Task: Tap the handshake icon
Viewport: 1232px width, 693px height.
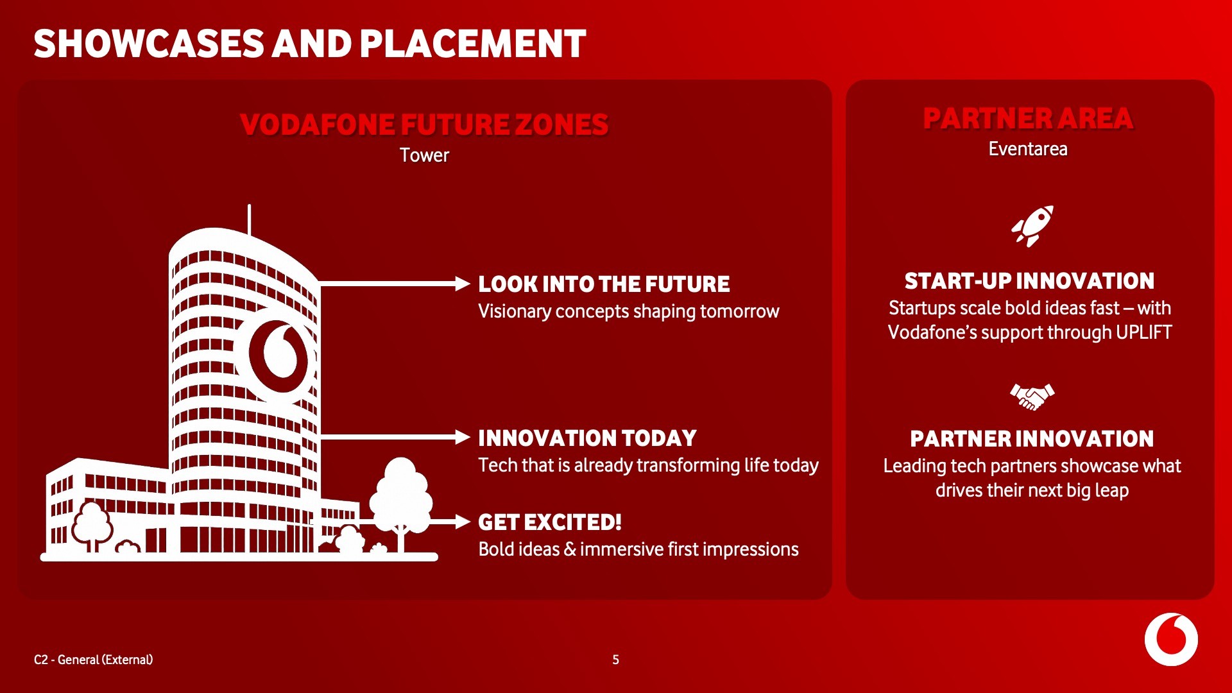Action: pos(1032,397)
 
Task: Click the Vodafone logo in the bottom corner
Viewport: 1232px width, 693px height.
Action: pos(1171,639)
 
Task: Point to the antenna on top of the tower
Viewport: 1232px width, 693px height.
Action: pos(249,219)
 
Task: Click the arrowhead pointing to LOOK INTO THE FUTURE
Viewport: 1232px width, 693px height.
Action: pos(463,284)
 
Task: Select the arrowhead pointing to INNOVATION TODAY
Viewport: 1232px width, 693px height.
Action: pos(463,438)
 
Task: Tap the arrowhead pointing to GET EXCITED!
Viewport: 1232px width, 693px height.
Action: pos(463,522)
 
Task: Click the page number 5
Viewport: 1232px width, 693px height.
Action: pos(615,660)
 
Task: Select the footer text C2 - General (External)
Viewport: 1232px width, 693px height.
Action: pos(94,660)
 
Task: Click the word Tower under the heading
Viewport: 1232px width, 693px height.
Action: pos(424,155)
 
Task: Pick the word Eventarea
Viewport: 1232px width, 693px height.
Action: pos(1028,149)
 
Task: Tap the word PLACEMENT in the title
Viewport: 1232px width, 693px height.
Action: pos(473,44)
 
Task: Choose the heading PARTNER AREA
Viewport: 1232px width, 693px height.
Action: pos(1029,118)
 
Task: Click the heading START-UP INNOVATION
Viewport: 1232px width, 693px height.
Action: pos(1029,281)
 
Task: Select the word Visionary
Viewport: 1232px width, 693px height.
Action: pos(515,312)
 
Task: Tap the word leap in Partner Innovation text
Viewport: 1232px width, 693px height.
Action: pos(1112,491)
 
